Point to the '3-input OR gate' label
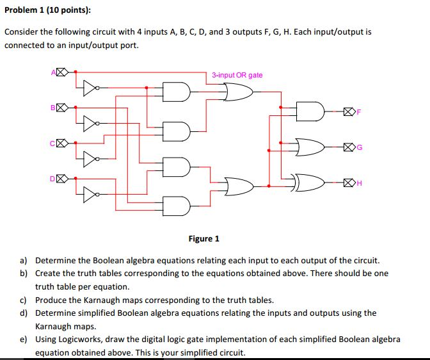click(x=237, y=75)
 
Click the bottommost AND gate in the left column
click(x=175, y=206)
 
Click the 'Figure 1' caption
click(x=203, y=239)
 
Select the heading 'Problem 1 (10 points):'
click(x=48, y=10)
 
